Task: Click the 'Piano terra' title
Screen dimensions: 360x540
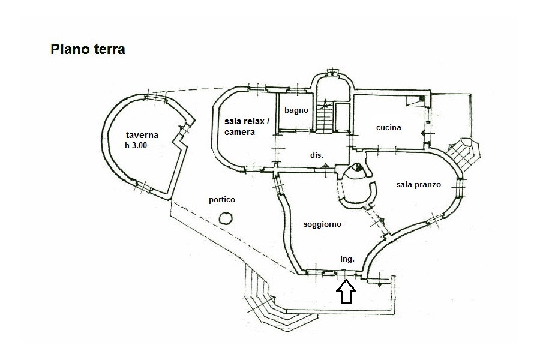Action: tap(88, 49)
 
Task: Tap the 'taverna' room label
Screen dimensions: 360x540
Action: tap(142, 135)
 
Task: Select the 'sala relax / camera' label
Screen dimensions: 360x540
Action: tap(247, 127)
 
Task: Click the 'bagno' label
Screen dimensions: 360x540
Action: tap(296, 110)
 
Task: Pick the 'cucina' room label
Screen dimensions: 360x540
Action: tap(389, 127)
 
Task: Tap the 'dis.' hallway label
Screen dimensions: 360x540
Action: tap(317, 155)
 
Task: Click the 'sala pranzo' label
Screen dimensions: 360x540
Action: tap(418, 185)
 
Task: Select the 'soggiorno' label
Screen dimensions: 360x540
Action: tap(323, 224)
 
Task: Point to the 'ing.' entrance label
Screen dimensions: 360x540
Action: tap(347, 259)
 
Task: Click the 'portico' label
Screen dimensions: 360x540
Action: tap(222, 200)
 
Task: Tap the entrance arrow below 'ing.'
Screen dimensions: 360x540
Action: tap(346, 292)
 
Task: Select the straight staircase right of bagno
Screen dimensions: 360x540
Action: tap(325, 118)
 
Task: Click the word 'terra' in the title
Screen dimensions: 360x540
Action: tap(108, 49)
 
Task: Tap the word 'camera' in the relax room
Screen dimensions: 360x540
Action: tap(240, 132)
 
